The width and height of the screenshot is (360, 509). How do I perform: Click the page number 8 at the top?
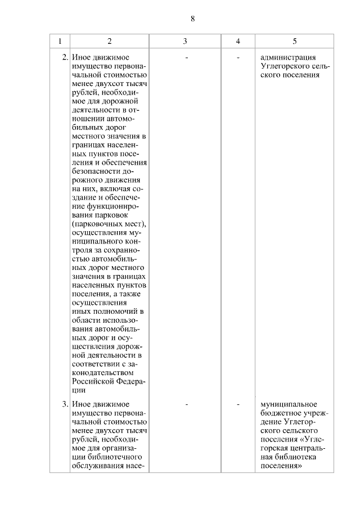coord(192,19)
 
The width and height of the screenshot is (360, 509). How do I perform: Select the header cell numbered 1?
coord(60,41)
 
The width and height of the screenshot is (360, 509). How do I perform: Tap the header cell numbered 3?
coord(185,41)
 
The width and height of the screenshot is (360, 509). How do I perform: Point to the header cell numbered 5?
coord(295,41)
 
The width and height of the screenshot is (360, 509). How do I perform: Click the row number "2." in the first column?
coord(65,57)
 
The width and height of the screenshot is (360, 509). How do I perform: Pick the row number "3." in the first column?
coord(65,404)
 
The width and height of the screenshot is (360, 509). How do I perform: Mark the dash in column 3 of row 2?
coord(186,57)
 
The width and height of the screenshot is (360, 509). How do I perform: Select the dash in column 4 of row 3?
coord(238,404)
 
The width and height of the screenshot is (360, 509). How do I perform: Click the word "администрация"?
coord(289,57)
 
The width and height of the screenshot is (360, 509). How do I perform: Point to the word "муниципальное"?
coord(289,404)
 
